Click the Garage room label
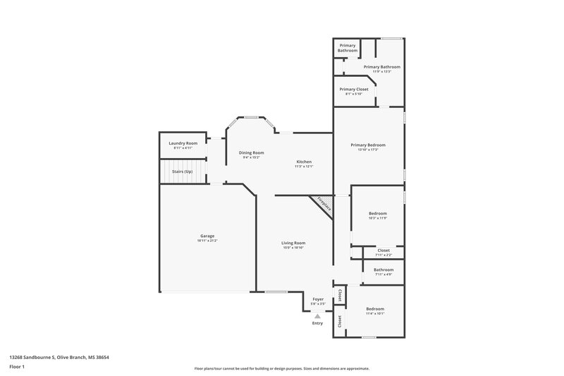pos(207,236)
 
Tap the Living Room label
pos(293,243)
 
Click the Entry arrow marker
pos(317,316)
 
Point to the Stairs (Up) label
pos(183,171)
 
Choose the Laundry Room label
pos(182,143)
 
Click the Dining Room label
pos(251,152)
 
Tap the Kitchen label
pos(304,162)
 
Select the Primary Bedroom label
pos(368,145)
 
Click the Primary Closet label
pos(353,90)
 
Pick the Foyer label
pos(318,299)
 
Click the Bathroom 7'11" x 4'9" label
pos(384,269)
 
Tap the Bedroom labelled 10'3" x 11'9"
pos(378,213)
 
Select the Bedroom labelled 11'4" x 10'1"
pos(375,309)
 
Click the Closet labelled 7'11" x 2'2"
pos(384,250)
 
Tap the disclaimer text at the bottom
pos(281,368)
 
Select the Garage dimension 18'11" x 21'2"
pos(207,241)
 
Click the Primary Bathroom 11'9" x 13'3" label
pos(381,67)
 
